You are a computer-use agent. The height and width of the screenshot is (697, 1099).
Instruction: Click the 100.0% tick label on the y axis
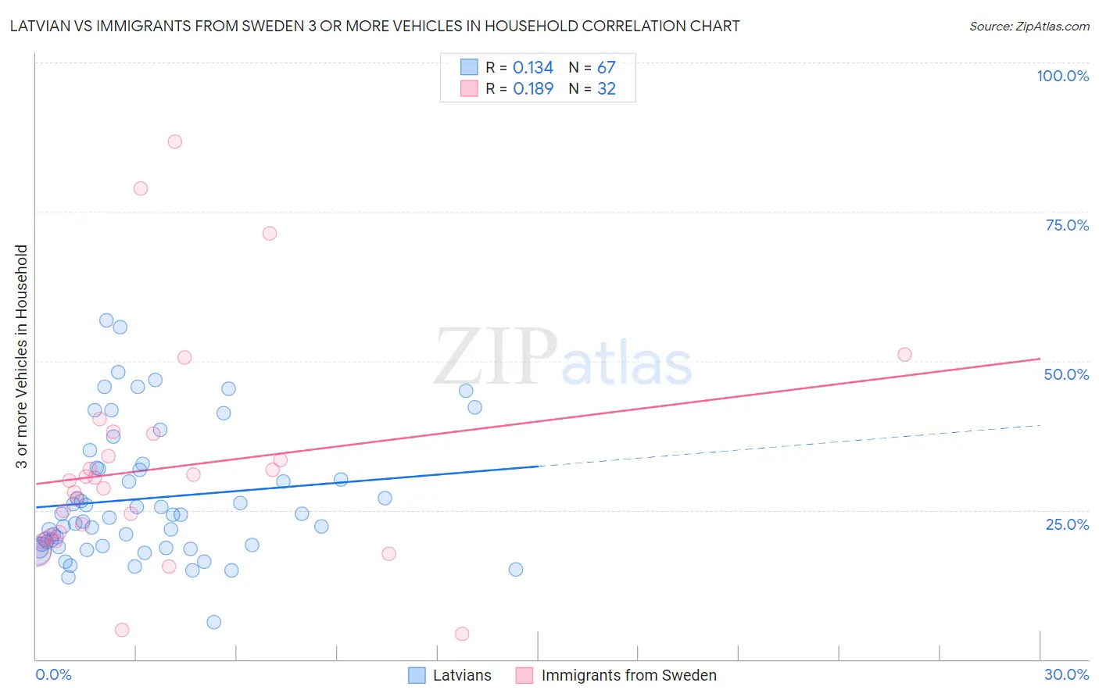point(1062,76)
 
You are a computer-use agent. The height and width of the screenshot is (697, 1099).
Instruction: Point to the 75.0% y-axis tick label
point(1067,225)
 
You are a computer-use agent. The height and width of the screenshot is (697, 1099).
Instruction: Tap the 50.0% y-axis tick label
point(1066,374)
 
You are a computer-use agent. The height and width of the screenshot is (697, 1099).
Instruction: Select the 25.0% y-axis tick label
point(1067,524)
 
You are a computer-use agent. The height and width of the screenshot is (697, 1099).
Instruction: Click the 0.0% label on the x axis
point(53,674)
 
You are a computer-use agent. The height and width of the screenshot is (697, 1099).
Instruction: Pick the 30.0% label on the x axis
point(1066,674)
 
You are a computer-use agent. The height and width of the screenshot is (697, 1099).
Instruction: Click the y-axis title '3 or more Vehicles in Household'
point(21,356)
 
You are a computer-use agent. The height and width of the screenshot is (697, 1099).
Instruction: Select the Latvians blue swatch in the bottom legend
point(417,675)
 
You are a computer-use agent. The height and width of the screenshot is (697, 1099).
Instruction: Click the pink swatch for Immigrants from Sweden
point(524,675)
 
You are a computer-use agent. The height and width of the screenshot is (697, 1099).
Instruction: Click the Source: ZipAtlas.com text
point(1029,27)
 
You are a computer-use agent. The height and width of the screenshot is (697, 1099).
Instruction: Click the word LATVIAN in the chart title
point(45,27)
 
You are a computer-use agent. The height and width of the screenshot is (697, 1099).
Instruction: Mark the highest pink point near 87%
point(175,141)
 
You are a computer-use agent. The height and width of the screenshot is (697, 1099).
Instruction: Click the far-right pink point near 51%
point(904,355)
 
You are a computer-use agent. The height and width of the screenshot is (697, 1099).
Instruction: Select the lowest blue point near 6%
point(213,622)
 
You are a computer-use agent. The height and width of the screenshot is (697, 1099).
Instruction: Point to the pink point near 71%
point(270,233)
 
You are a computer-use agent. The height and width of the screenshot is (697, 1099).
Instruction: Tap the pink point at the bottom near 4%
point(462,634)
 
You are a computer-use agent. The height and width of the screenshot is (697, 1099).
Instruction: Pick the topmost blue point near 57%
point(106,320)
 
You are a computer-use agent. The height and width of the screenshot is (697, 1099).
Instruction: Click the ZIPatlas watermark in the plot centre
point(563,357)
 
